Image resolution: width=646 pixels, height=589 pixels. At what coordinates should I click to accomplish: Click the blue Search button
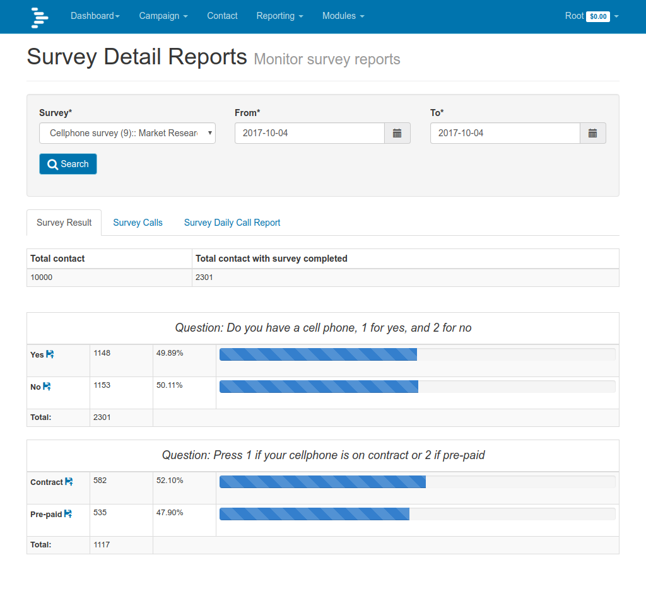[68, 164]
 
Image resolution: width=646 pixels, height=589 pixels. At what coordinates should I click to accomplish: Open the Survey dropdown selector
[127, 133]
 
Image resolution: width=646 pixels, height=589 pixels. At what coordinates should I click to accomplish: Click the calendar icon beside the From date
[397, 133]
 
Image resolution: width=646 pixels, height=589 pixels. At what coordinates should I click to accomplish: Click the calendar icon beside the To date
[593, 133]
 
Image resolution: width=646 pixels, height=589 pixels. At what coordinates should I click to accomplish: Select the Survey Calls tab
[138, 223]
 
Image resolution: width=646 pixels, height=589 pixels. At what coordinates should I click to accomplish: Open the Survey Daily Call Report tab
[232, 223]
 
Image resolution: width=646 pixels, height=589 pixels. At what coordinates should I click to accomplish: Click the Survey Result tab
[64, 223]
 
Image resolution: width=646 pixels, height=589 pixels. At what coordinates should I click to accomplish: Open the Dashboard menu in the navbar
[95, 16]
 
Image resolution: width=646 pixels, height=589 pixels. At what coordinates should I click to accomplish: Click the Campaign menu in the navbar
[163, 16]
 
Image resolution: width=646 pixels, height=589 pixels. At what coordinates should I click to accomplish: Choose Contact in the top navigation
[222, 16]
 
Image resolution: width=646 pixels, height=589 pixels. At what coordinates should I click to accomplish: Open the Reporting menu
[279, 16]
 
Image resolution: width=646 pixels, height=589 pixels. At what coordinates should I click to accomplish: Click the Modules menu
[343, 16]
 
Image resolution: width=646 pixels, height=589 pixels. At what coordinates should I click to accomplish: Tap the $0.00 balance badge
[597, 16]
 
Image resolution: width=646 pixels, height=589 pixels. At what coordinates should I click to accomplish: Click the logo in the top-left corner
[40, 17]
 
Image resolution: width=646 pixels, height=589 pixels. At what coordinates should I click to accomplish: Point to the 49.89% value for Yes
[170, 353]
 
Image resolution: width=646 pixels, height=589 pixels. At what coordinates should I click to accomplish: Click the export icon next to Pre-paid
[68, 514]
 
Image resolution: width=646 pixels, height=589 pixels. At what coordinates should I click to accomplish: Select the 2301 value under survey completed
[204, 277]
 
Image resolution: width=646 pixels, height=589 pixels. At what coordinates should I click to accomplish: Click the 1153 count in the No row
[102, 385]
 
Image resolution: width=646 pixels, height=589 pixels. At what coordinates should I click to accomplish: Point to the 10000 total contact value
[42, 277]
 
